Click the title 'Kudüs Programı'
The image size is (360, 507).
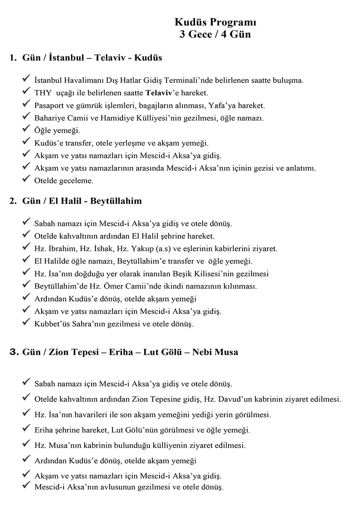click(x=215, y=23)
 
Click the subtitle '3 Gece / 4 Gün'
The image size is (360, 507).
click(x=215, y=34)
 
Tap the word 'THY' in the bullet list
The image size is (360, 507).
click(x=43, y=93)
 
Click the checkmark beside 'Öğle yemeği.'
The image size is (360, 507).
click(x=26, y=130)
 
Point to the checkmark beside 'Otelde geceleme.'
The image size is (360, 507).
click(x=26, y=180)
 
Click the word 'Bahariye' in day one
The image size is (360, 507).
click(x=49, y=118)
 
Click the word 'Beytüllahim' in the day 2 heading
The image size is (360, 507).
click(x=116, y=201)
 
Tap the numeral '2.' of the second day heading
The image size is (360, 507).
click(x=13, y=201)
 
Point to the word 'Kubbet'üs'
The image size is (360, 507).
click(x=51, y=324)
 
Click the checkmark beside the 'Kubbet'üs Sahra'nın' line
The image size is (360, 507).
click(x=26, y=323)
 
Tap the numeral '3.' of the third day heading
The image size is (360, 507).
click(x=13, y=352)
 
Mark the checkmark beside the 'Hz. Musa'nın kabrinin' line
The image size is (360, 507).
click(x=26, y=444)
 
